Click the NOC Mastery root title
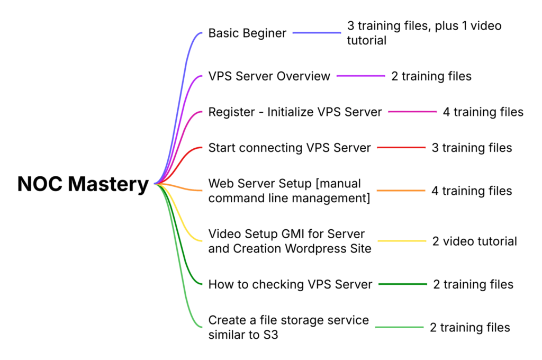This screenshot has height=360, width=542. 83,184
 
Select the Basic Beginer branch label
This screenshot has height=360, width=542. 247,33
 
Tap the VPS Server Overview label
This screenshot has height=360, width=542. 269,76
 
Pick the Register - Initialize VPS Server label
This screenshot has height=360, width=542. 295,112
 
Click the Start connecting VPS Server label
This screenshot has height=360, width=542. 290,148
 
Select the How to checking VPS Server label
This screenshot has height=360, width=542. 290,284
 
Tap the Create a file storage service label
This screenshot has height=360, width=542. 288,327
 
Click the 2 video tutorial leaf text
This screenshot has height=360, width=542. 474,241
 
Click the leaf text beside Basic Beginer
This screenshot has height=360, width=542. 423,33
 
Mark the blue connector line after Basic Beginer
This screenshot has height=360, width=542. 317,33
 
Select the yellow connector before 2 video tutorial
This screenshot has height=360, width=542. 402,241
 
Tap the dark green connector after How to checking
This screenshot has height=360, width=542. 402,284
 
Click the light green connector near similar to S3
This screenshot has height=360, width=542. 400,327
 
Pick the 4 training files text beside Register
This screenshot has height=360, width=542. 483,112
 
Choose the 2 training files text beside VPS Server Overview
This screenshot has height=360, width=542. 431,76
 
